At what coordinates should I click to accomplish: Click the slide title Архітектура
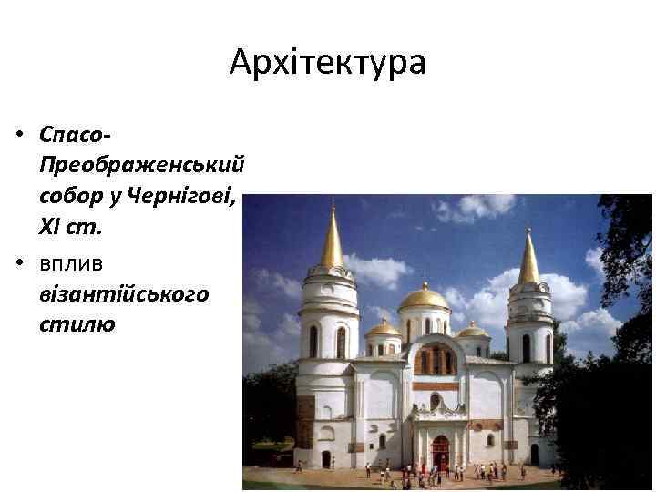[327, 63]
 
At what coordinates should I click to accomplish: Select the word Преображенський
[142, 165]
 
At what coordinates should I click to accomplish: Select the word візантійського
[124, 293]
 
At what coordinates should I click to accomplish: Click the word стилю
[77, 324]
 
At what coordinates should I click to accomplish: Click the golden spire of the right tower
[528, 259]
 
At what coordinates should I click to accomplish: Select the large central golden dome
[424, 297]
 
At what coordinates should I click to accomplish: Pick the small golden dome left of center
[383, 328]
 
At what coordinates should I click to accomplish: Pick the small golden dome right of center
[472, 330]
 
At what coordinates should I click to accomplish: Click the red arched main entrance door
[440, 452]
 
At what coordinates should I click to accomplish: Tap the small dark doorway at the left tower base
[325, 458]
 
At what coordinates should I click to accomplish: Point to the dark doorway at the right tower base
[534, 453]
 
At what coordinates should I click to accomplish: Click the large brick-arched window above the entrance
[435, 360]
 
